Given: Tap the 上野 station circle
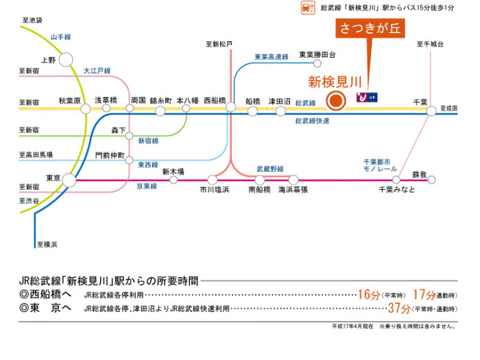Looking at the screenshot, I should (x=67, y=60).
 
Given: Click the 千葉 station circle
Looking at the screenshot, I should (x=431, y=110).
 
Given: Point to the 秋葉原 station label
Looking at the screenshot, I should (x=69, y=100).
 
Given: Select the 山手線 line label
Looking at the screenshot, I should (x=62, y=37).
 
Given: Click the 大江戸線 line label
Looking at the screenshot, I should (x=97, y=71).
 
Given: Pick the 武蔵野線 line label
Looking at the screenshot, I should (x=269, y=168).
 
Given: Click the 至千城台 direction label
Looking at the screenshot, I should (x=430, y=45).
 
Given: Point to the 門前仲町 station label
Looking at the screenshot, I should (x=110, y=156).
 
